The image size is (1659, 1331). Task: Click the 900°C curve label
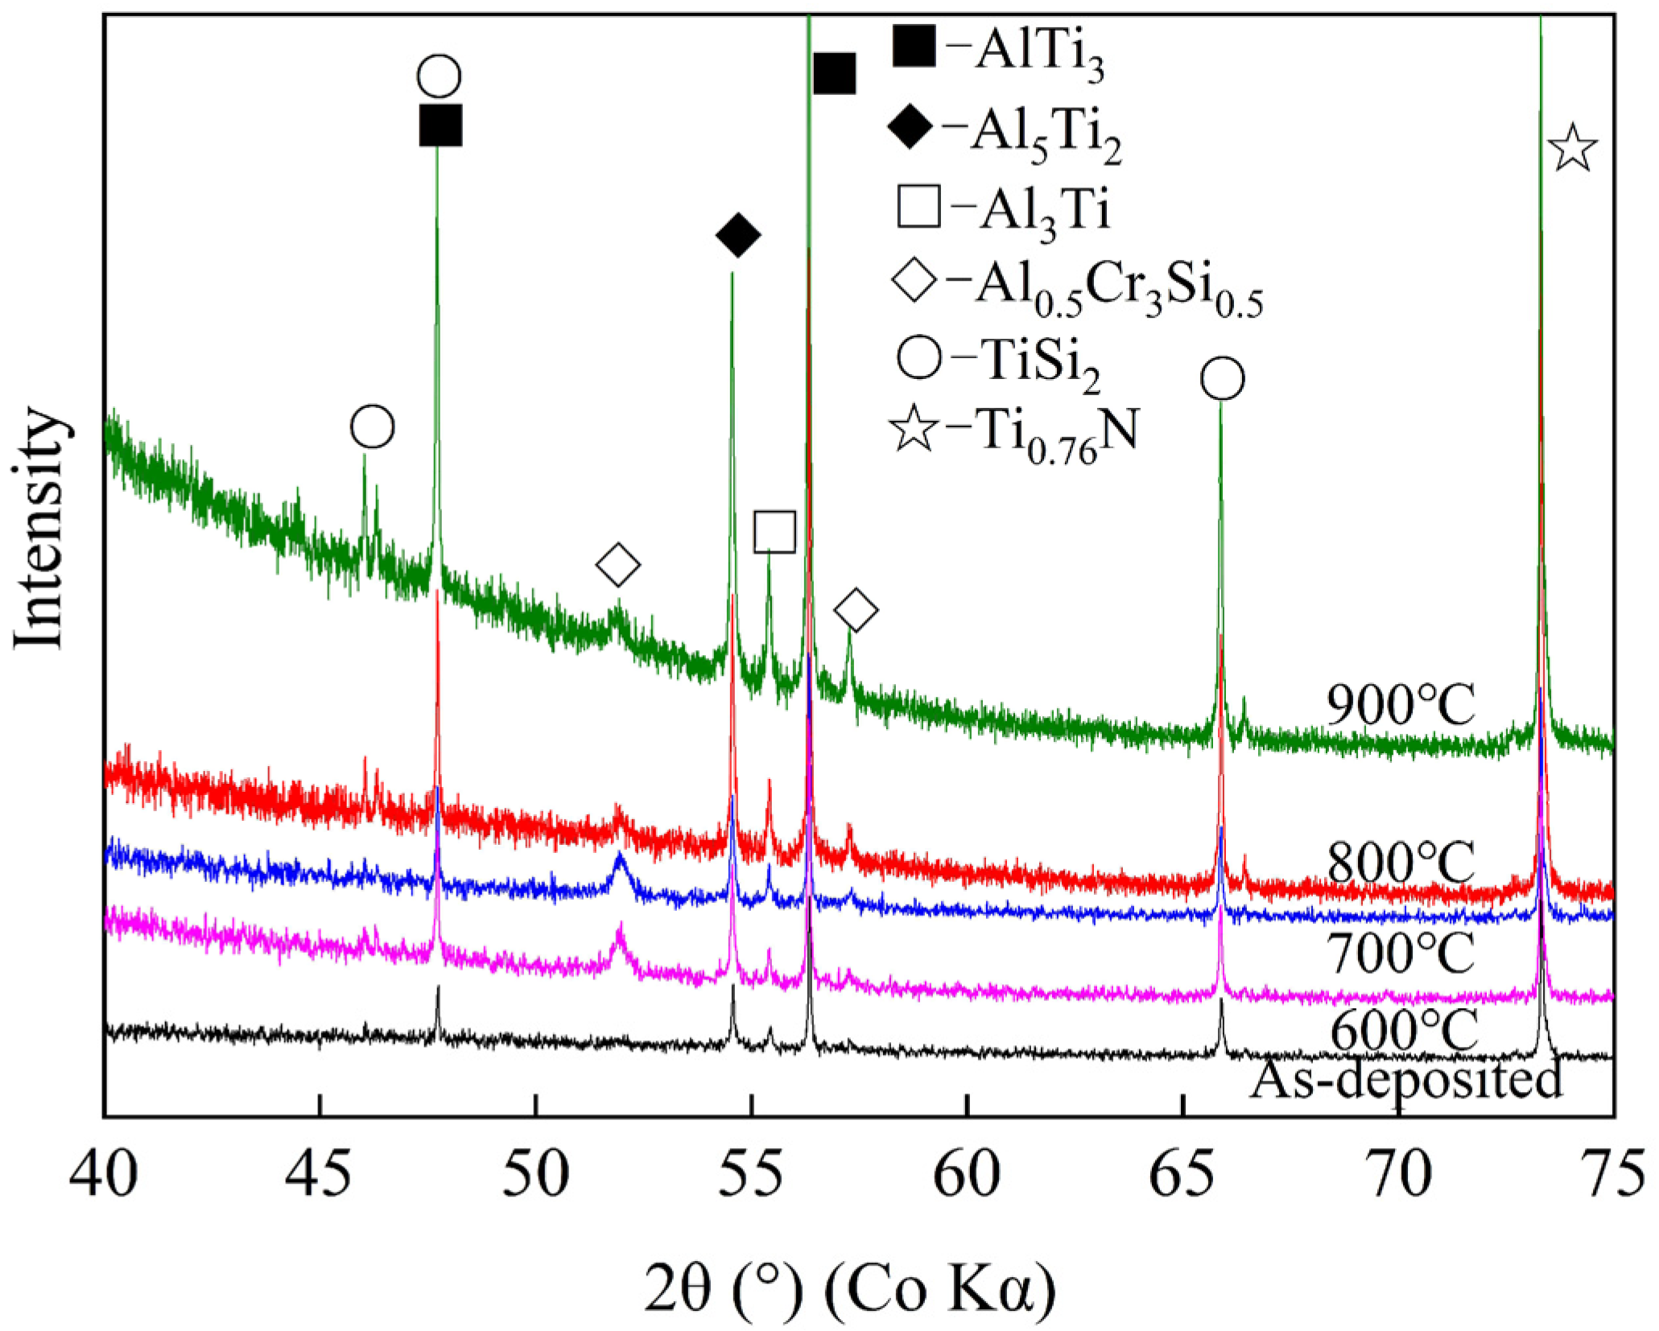tap(1400, 706)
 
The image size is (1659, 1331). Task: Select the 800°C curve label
tap(1400, 863)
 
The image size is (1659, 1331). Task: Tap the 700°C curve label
tap(1400, 954)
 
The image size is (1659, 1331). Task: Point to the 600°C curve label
tap(1403, 1030)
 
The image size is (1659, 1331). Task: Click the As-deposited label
tap(1405, 1080)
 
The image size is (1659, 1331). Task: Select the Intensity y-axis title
tap(39, 527)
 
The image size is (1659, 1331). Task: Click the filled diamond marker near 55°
tap(737, 236)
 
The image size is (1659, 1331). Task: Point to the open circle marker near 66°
tap(1222, 378)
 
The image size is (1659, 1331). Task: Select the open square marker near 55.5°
tap(774, 532)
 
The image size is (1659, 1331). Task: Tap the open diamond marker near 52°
tap(617, 565)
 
